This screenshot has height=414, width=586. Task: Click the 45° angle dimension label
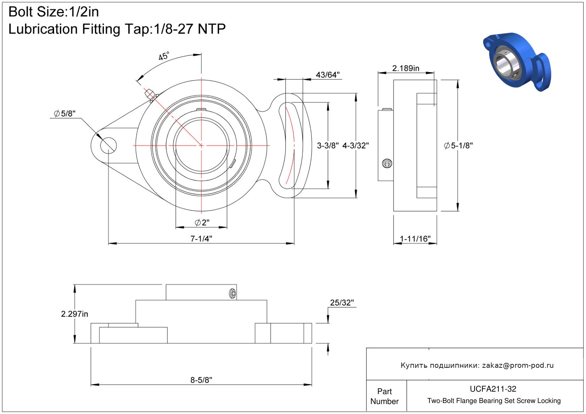[x=164, y=56]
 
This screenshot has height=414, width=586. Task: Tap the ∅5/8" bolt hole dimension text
[x=64, y=114]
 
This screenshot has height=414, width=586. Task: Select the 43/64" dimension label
[x=327, y=75]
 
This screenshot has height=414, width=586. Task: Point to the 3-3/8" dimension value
[x=328, y=146]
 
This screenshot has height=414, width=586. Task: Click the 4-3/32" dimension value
[x=355, y=146]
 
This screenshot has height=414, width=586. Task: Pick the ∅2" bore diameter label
[x=202, y=223]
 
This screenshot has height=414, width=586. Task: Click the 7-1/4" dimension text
[x=201, y=239]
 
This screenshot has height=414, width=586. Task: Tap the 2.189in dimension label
[x=406, y=68]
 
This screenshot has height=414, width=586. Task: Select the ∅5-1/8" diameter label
[x=458, y=146]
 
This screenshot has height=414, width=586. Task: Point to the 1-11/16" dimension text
[x=415, y=239]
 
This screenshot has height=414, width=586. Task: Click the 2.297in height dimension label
[x=74, y=314]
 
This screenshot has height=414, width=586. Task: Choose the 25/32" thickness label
[x=342, y=303]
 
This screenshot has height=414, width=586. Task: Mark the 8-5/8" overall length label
[x=201, y=380]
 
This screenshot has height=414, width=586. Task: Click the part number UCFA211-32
[x=493, y=389]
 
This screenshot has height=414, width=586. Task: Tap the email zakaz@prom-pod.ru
[x=518, y=366]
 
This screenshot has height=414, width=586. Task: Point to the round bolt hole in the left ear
[x=108, y=146]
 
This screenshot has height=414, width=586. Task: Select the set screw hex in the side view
[x=387, y=163]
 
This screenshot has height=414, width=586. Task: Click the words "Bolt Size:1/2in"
[x=54, y=12]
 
